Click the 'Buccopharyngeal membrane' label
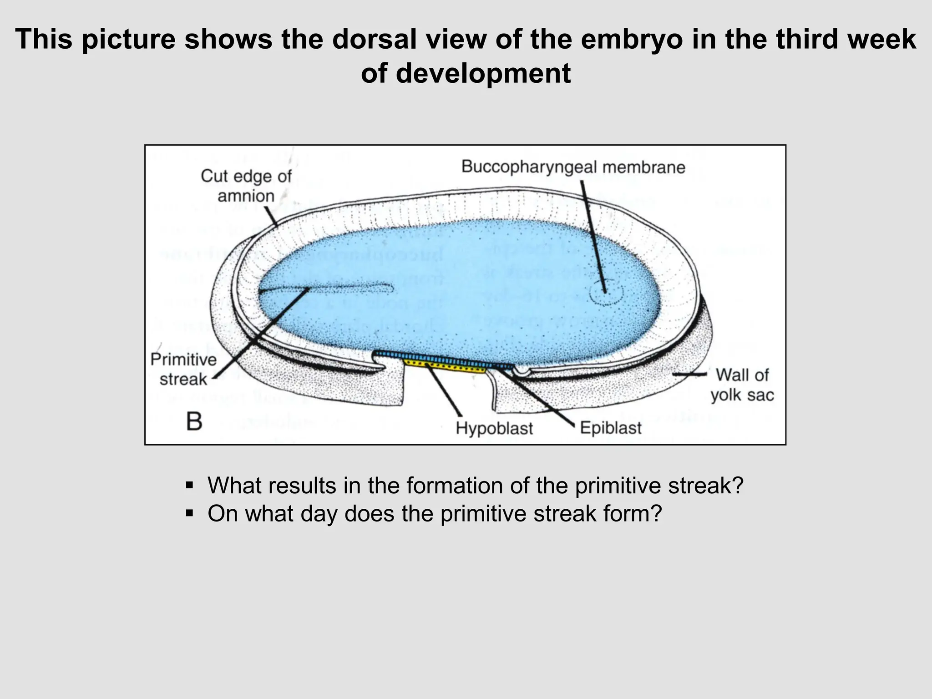point(573,167)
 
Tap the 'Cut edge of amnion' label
point(246,186)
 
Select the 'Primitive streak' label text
point(184,369)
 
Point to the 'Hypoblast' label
point(494,428)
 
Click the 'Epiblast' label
point(610,428)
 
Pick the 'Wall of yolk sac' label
point(742,385)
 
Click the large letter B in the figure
point(194,422)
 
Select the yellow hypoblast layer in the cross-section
point(446,365)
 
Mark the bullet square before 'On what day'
point(190,514)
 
